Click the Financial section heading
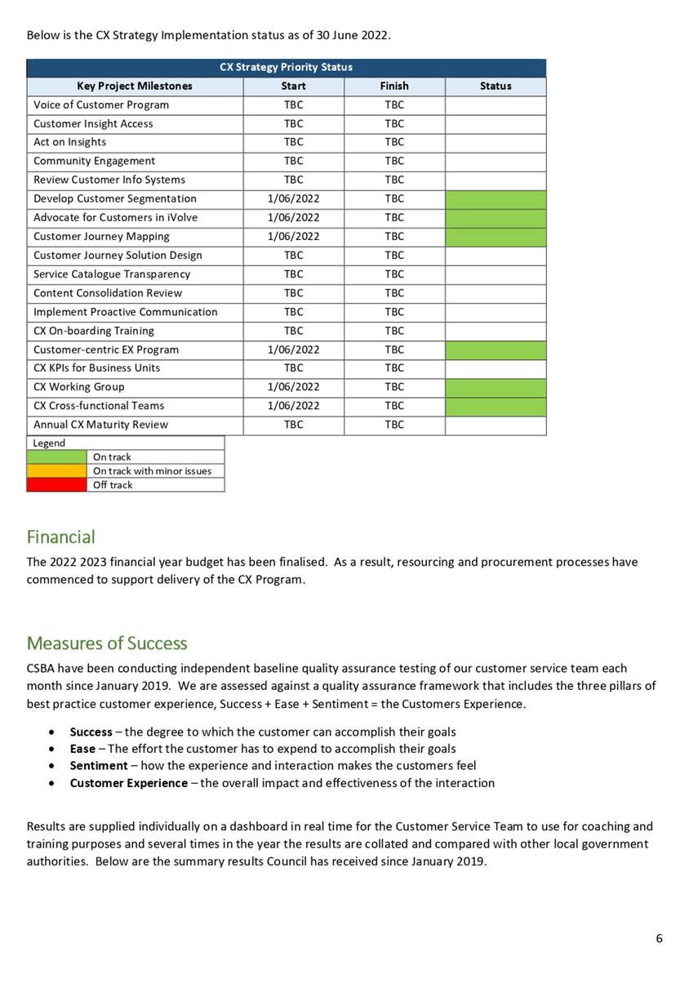pyautogui.click(x=61, y=537)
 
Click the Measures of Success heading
pyautogui.click(x=107, y=643)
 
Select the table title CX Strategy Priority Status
pyautogui.click(x=286, y=67)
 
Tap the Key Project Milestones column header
pyautogui.click(x=135, y=86)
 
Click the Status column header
pyautogui.click(x=496, y=86)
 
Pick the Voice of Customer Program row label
pyautogui.click(x=101, y=105)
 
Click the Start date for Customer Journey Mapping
pyautogui.click(x=293, y=236)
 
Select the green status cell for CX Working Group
pyautogui.click(x=496, y=387)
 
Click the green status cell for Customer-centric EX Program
pyautogui.click(x=496, y=349)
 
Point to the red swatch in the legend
pyautogui.click(x=56, y=485)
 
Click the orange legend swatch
pyautogui.click(x=56, y=471)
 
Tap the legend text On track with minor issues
pyautogui.click(x=152, y=471)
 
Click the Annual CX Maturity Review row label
pyautogui.click(x=100, y=425)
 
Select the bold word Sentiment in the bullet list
pyautogui.click(x=98, y=766)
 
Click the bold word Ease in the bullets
pyautogui.click(x=82, y=749)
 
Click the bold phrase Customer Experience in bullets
pyautogui.click(x=128, y=783)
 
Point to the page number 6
pyautogui.click(x=659, y=938)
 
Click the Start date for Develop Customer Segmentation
pyautogui.click(x=293, y=198)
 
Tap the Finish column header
pyautogui.click(x=394, y=86)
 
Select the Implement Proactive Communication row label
pyautogui.click(x=126, y=312)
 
